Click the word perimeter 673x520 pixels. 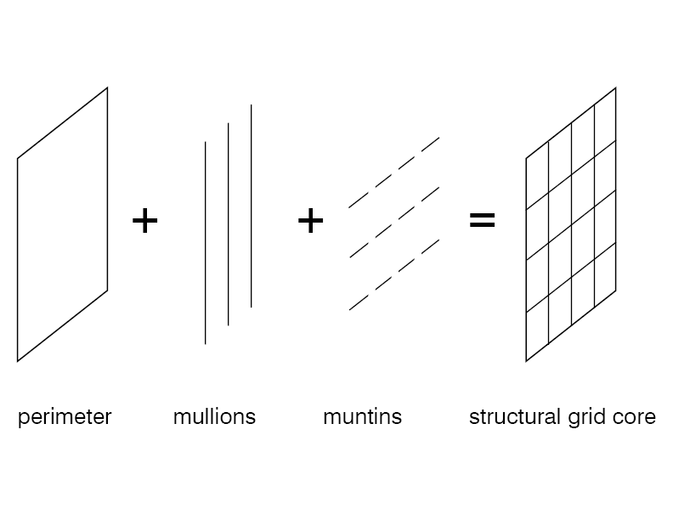coord(65,417)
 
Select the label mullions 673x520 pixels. coord(214,417)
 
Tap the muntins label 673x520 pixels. coord(362,417)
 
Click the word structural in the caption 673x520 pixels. coord(510,417)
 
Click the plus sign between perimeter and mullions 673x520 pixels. coord(145,221)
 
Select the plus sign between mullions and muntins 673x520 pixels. coord(311,221)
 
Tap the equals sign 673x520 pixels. coord(482,221)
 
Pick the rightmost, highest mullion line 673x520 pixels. coord(251,205)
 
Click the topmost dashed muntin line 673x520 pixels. coord(394,172)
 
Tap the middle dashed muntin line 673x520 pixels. coord(394,222)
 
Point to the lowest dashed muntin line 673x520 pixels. coord(394,274)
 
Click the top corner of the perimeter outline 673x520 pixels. coord(107,88)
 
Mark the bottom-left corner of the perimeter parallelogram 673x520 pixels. coord(18,361)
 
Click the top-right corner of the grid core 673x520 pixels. coord(615,88)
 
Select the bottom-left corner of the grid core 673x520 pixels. coord(526,361)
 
